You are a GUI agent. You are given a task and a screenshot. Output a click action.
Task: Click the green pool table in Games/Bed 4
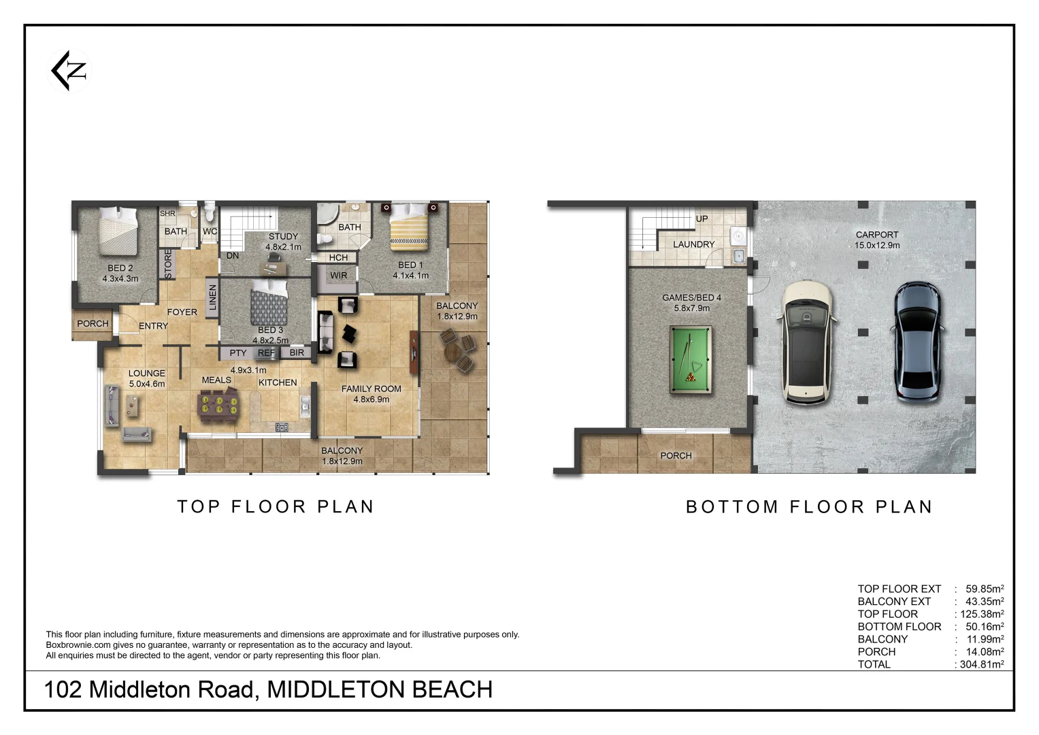(691, 359)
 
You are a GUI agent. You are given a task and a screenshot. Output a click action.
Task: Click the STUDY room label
(283, 237)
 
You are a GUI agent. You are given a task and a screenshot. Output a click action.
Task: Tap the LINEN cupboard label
(212, 297)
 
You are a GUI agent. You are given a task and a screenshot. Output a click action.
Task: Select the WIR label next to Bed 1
(338, 276)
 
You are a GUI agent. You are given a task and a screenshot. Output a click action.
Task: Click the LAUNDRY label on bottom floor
(693, 244)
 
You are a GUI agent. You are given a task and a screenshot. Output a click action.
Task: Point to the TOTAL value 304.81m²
(981, 664)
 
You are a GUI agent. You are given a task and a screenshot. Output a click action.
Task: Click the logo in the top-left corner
(69, 71)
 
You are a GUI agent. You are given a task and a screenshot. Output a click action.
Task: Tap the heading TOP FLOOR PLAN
(276, 507)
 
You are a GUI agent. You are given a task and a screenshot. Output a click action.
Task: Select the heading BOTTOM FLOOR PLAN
(808, 507)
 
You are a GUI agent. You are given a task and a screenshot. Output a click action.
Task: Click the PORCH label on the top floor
(93, 324)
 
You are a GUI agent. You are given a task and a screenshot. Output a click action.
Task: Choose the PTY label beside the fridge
(237, 353)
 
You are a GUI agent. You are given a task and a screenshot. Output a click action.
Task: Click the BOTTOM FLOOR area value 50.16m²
(981, 627)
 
